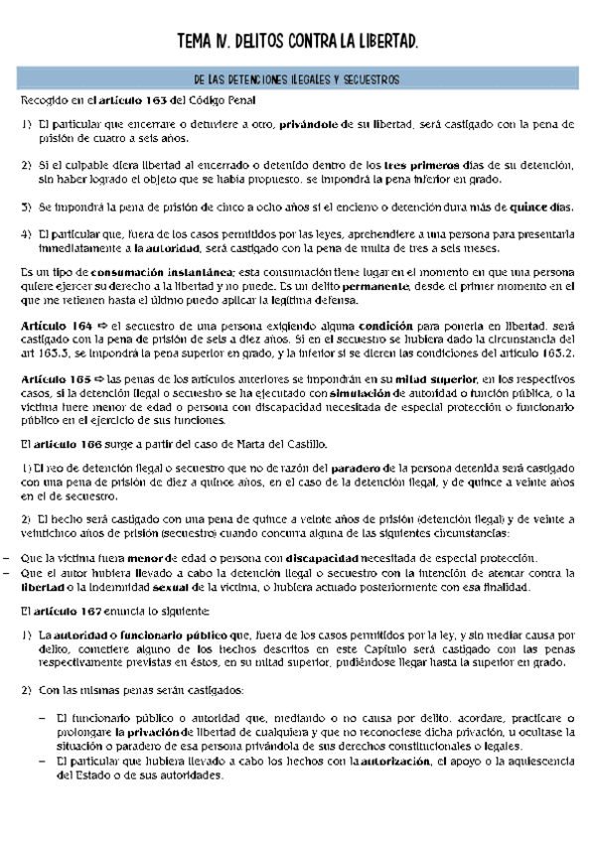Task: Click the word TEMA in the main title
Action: pos(195,41)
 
